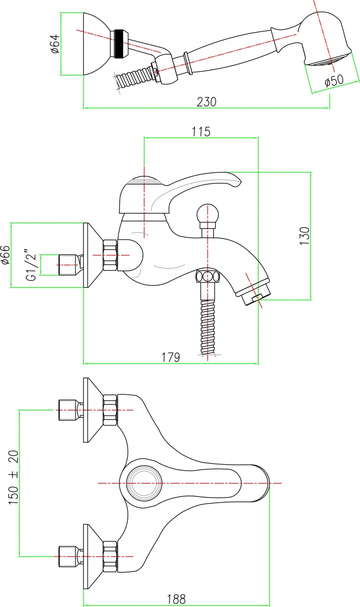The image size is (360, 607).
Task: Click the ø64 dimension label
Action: (x=55, y=44)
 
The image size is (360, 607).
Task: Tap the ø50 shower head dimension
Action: (x=334, y=80)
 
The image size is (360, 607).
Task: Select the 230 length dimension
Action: (x=206, y=102)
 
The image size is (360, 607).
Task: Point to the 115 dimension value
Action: (x=201, y=132)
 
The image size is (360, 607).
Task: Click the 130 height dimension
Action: (x=305, y=236)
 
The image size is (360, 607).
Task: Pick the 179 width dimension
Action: (x=171, y=357)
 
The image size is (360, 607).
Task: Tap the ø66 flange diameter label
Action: (x=5, y=255)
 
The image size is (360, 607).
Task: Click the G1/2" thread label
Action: (x=31, y=265)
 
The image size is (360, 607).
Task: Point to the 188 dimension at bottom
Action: (x=176, y=599)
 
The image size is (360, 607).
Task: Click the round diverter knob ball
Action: (x=207, y=213)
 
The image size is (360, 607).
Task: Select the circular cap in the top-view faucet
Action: (x=144, y=483)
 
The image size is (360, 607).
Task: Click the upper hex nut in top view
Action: (x=110, y=410)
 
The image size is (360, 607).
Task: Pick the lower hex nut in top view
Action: (x=110, y=556)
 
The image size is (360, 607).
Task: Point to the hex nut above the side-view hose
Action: (x=207, y=277)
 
